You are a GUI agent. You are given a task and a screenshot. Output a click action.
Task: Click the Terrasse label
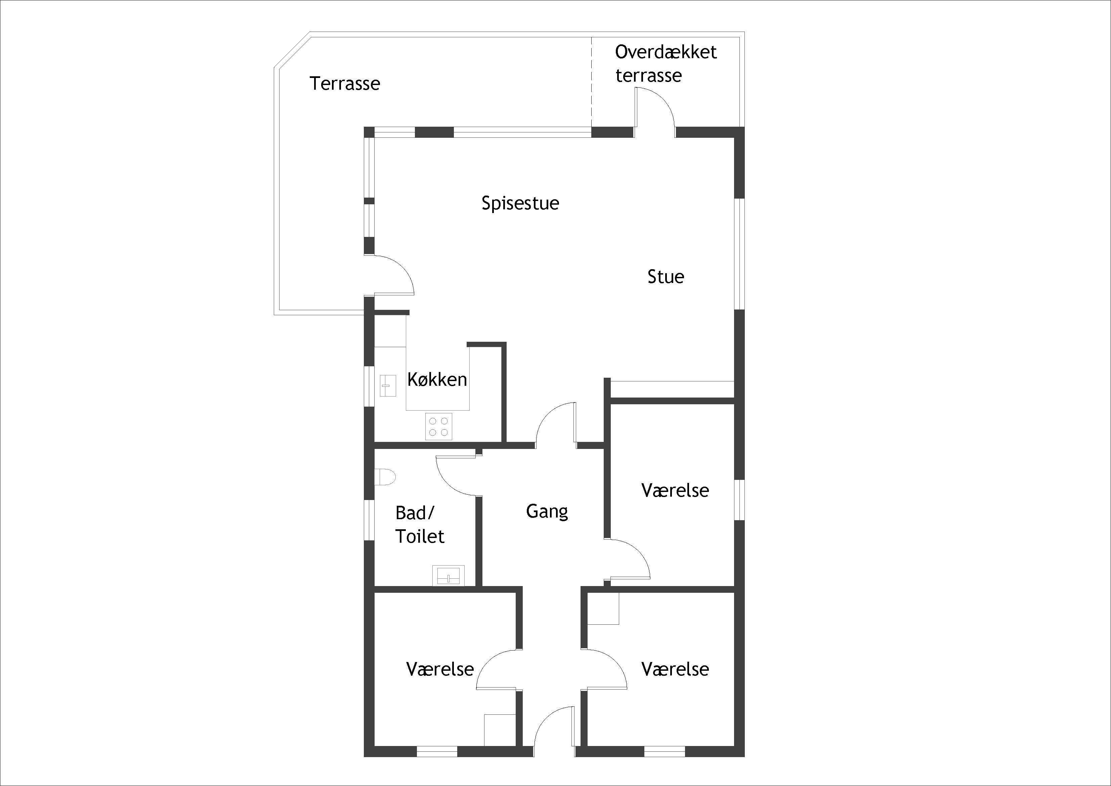coord(345,84)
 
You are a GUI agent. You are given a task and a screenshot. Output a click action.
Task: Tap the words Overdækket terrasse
coord(665,64)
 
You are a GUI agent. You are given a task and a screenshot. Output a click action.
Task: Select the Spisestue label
coord(520,203)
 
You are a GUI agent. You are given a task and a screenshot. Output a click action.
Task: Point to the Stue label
coord(666,277)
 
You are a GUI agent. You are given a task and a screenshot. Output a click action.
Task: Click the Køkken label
coord(437,379)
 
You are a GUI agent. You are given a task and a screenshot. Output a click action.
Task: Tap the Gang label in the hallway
coord(547,511)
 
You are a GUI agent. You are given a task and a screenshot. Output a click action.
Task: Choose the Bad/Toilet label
coord(420,524)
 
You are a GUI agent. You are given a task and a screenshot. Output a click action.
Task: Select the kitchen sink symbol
coord(388,386)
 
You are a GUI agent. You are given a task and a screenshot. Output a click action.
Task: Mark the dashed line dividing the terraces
coord(591,82)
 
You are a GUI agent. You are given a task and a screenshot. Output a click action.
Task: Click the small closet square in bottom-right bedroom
coord(603,608)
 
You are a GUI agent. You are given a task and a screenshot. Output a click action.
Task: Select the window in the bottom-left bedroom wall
coord(437,752)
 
